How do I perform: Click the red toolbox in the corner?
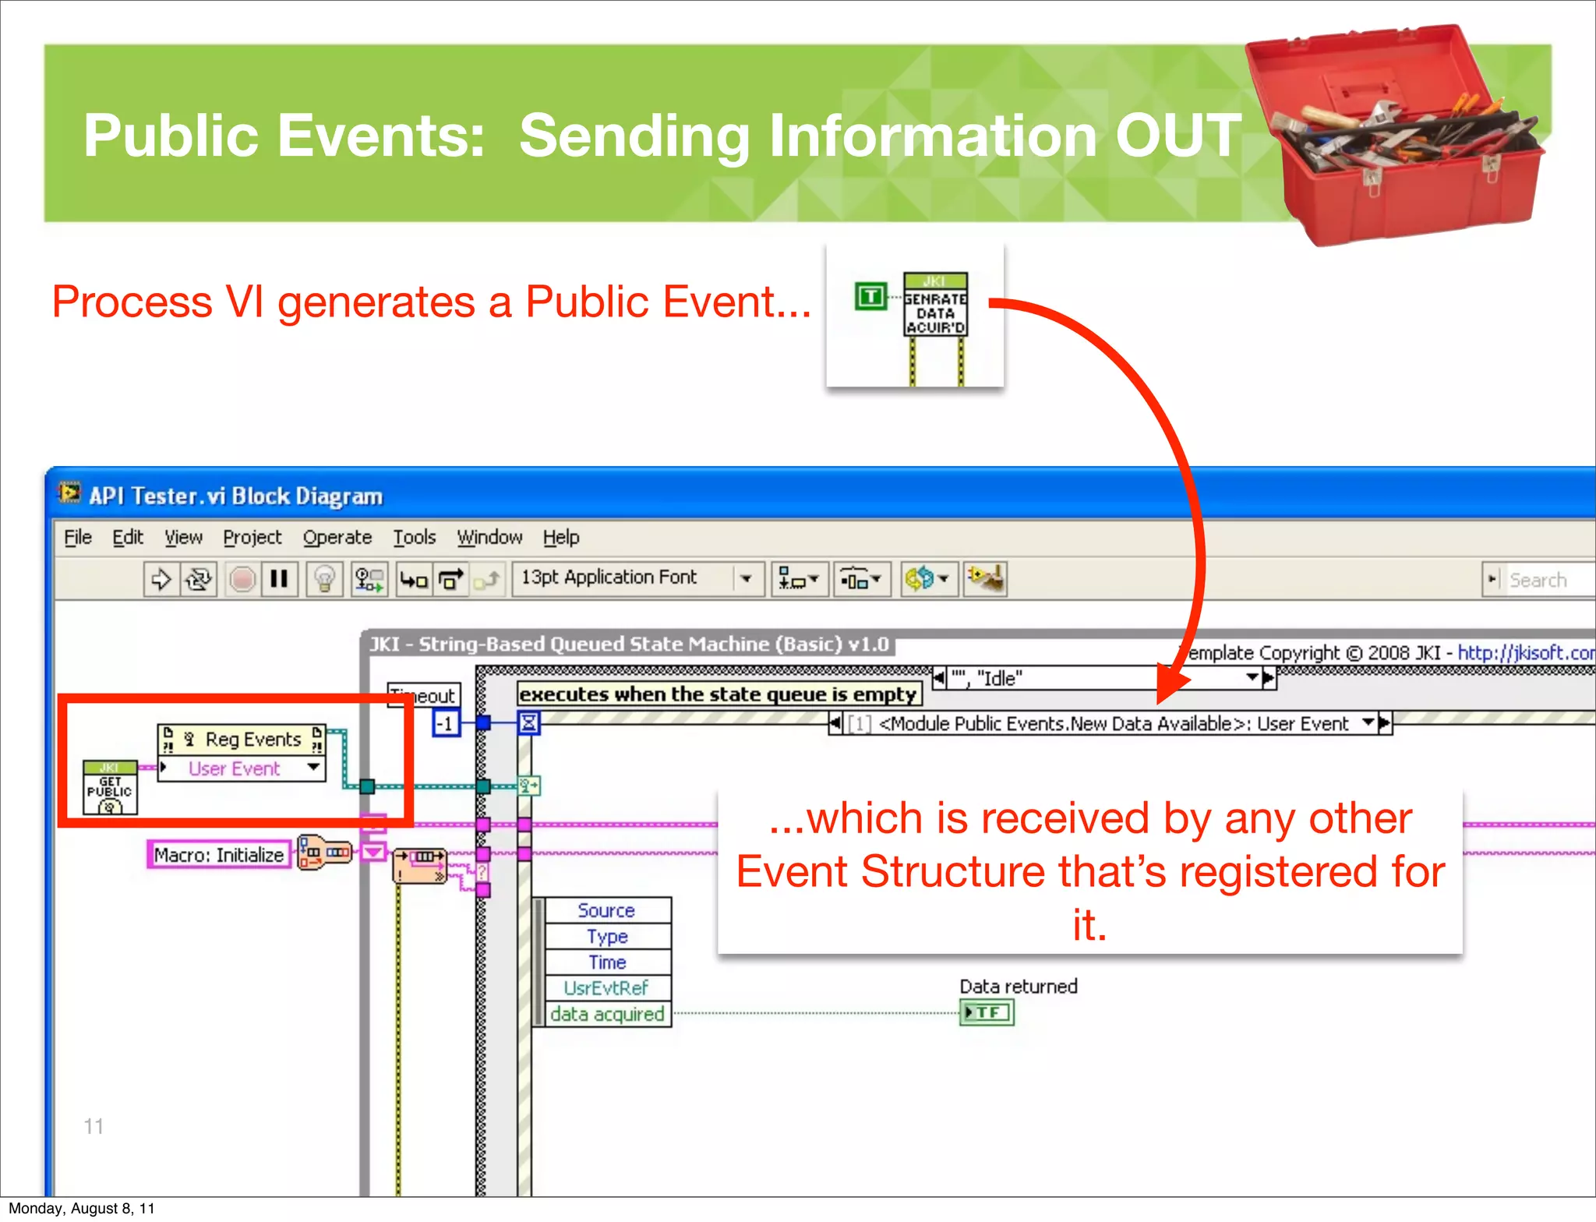(1395, 136)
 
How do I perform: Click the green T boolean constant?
(870, 296)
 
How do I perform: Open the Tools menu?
(414, 537)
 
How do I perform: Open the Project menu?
(252, 537)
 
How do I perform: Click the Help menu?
(561, 537)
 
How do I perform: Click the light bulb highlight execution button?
(324, 579)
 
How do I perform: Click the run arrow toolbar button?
(161, 579)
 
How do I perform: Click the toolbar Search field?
(1547, 580)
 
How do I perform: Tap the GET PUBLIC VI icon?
(110, 787)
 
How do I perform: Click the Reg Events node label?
(252, 739)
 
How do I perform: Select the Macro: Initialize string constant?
(219, 854)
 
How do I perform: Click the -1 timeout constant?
(445, 723)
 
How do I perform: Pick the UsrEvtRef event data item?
(606, 987)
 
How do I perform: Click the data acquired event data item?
(606, 1014)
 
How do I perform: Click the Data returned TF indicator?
(987, 1012)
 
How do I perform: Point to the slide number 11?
(94, 1126)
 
